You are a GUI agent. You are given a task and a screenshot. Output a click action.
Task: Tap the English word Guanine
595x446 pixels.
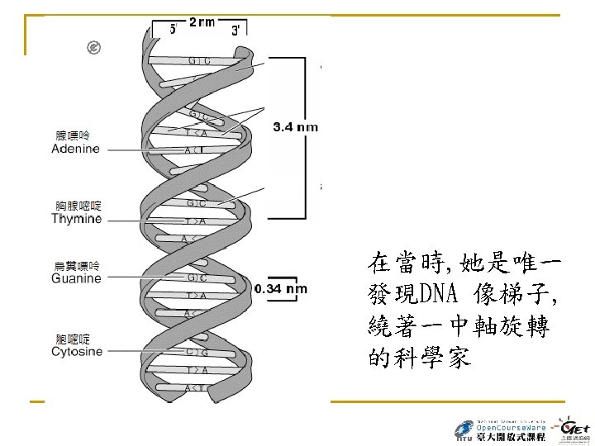[x=76, y=279]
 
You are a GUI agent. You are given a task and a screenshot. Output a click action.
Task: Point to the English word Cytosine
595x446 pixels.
[x=77, y=352]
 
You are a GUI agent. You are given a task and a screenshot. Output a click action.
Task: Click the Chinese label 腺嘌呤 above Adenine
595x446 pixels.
[x=72, y=135]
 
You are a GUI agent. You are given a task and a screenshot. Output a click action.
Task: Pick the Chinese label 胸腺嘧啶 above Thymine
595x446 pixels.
[x=79, y=206]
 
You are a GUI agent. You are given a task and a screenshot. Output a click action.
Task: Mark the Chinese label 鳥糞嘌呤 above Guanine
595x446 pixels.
[x=77, y=266]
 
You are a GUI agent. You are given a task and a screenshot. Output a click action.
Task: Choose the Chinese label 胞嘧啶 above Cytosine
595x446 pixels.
[x=72, y=339]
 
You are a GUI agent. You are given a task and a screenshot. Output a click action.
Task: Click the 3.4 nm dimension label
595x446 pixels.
[x=294, y=127]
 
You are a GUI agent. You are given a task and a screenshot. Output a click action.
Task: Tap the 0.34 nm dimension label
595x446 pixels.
[x=281, y=289]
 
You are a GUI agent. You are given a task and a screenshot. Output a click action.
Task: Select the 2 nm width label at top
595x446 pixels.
[x=202, y=22]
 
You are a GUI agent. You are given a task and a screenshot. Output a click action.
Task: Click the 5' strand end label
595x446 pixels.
[x=173, y=29]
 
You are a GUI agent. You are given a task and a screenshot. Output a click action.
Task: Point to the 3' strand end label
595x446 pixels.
[x=236, y=30]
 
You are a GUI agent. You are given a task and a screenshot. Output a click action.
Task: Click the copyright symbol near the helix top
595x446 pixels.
[x=93, y=48]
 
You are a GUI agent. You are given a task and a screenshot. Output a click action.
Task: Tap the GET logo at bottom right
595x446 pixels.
[x=574, y=429]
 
